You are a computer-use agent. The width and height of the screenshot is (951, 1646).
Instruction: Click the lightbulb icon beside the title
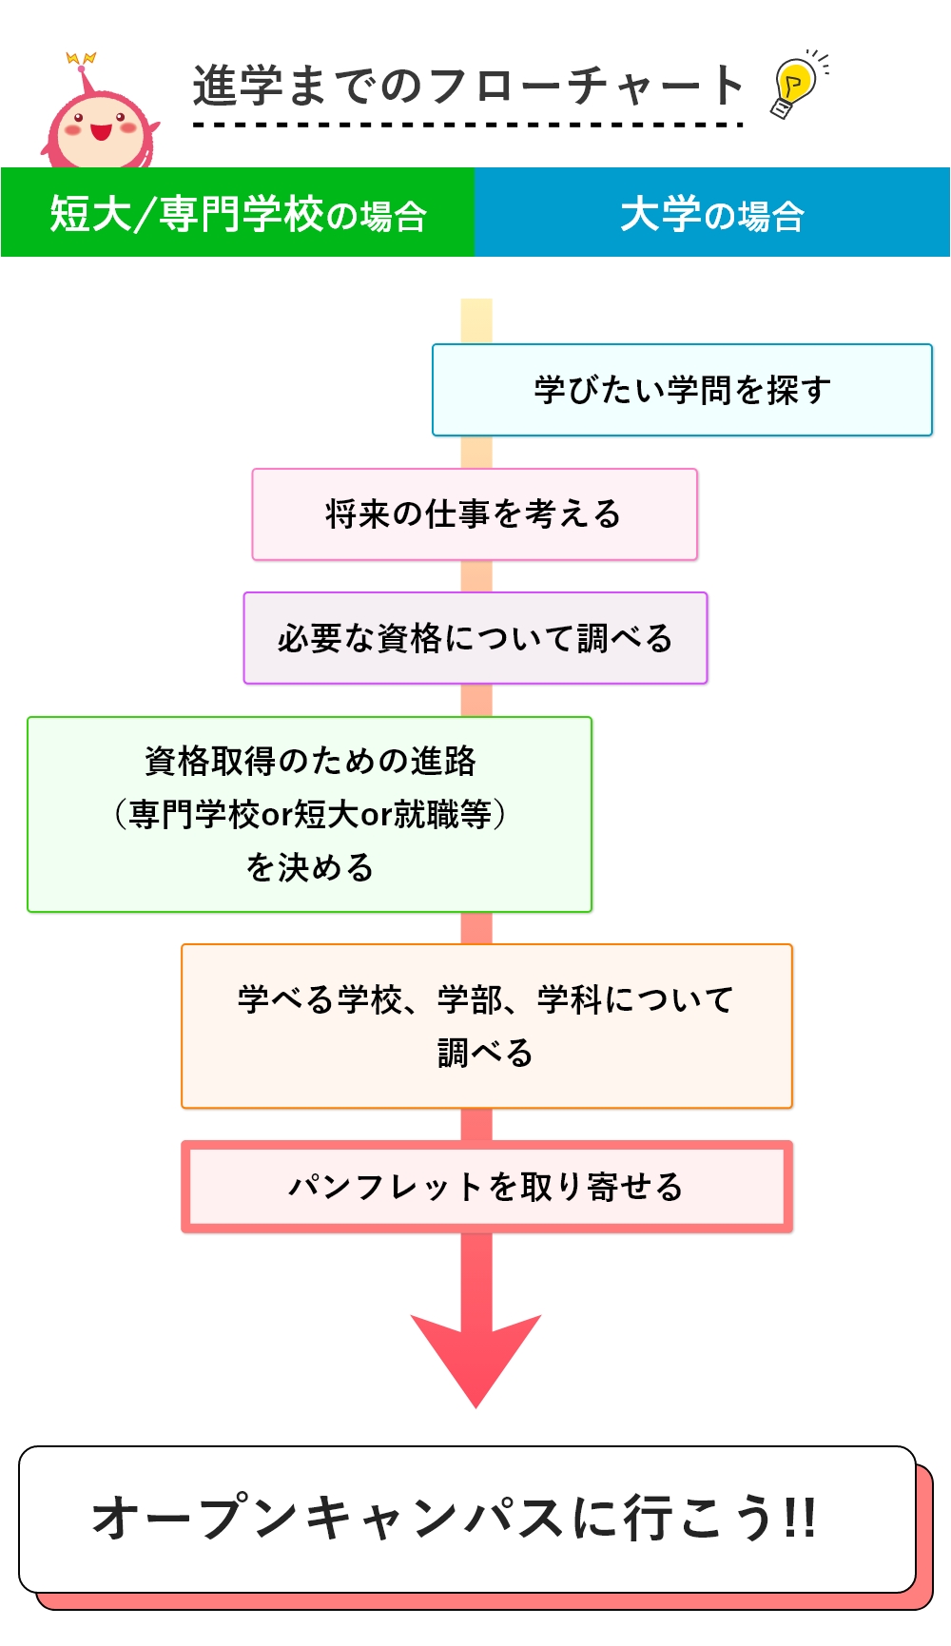(x=795, y=86)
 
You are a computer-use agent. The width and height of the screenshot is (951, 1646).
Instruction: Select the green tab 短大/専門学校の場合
(x=238, y=213)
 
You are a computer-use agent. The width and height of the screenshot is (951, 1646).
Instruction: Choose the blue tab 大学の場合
(x=712, y=213)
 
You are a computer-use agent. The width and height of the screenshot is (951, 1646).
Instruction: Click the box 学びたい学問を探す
(x=682, y=390)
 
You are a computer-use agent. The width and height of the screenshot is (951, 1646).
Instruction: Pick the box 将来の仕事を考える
(x=475, y=514)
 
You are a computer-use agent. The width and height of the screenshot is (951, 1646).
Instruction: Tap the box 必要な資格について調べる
(x=475, y=638)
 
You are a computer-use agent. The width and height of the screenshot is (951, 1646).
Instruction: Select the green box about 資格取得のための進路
(x=309, y=814)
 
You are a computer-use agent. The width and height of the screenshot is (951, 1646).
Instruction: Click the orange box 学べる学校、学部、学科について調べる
(x=486, y=1026)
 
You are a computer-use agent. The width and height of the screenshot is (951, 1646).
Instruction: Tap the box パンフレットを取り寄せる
(x=486, y=1187)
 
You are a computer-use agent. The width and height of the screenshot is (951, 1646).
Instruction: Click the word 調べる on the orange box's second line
(x=485, y=1053)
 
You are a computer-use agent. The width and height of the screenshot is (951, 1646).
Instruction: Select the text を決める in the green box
(x=309, y=867)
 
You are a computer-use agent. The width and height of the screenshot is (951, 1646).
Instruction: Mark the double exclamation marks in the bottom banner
(x=800, y=1517)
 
